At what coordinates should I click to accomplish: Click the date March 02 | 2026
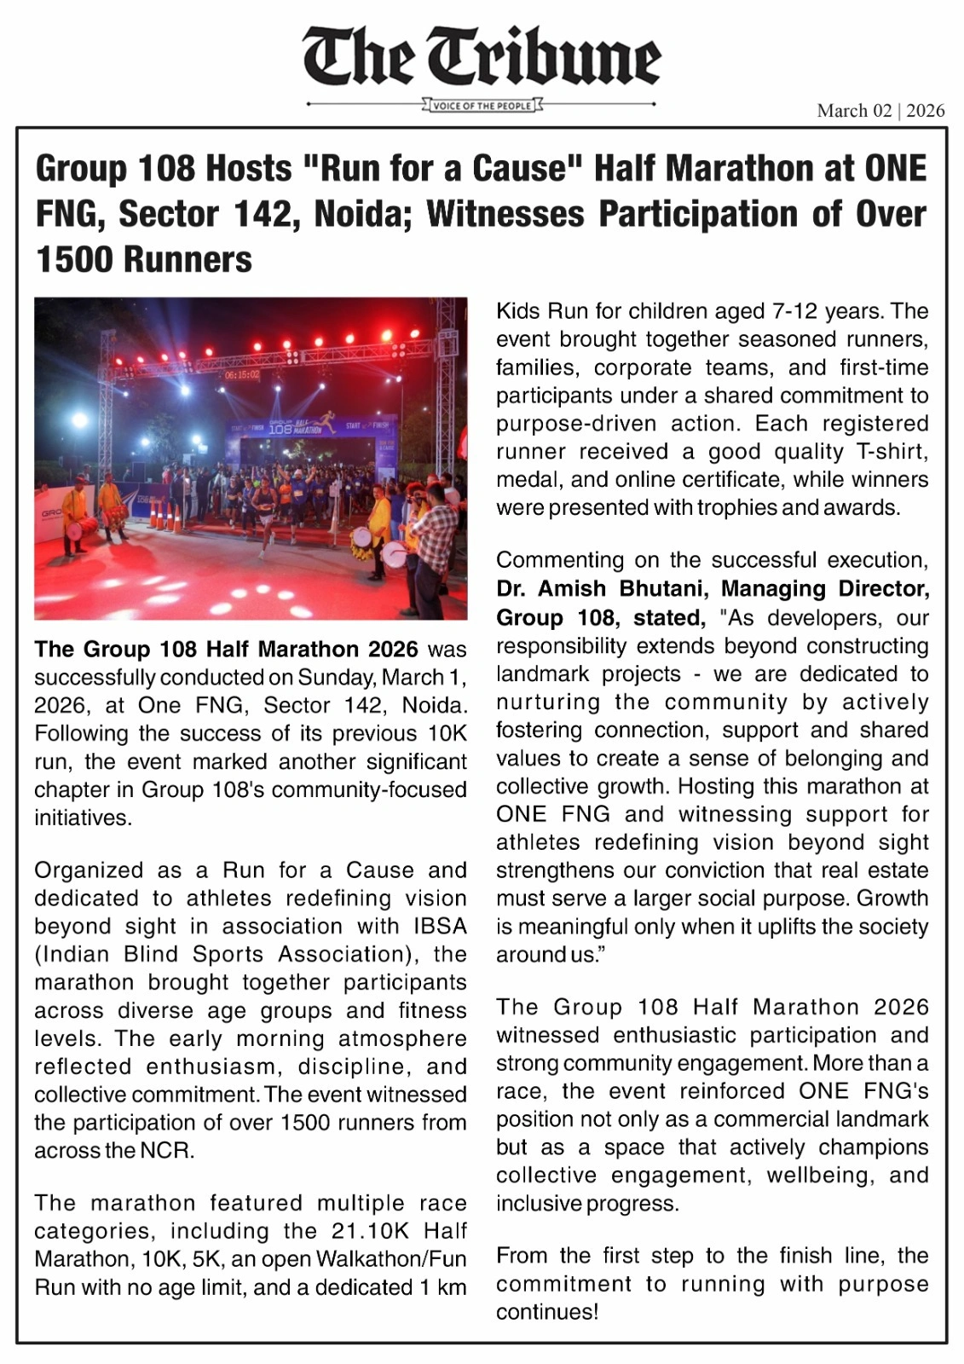pyautogui.click(x=880, y=111)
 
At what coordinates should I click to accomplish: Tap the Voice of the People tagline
pyautogui.click(x=482, y=106)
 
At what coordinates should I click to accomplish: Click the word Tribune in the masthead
pyautogui.click(x=556, y=58)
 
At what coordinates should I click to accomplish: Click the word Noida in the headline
pyautogui.click(x=363, y=214)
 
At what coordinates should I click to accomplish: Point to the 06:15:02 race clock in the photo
pyautogui.click(x=243, y=374)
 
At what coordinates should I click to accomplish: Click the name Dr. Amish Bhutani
pyautogui.click(x=605, y=589)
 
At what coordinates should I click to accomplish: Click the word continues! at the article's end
pyautogui.click(x=547, y=1312)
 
